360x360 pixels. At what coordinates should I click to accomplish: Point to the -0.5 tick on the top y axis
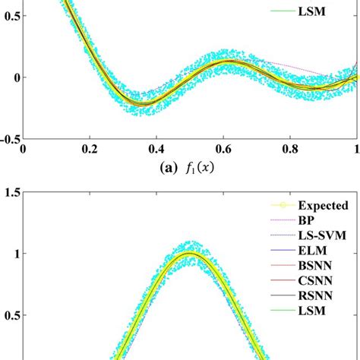pos(11,139)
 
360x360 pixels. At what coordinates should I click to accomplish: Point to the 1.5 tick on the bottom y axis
pos(12,194)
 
